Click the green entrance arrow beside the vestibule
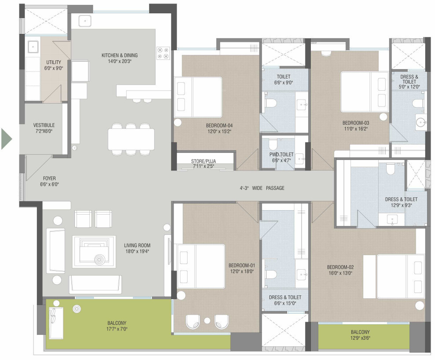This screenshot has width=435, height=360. point(7,139)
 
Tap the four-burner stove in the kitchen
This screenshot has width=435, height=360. point(163,53)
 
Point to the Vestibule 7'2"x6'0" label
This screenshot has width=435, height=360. point(44,128)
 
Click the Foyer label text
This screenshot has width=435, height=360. point(49,178)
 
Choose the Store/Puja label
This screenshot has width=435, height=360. point(203,161)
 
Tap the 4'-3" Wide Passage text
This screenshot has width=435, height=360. point(262,188)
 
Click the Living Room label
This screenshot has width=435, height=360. point(137,245)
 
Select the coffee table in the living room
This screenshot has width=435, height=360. point(94,252)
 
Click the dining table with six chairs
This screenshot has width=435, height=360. point(131,139)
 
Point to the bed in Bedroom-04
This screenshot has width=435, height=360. point(198,97)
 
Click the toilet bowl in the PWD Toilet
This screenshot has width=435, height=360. point(273,145)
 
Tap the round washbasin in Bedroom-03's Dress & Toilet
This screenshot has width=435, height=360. point(421,122)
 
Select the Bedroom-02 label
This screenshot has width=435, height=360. point(340,267)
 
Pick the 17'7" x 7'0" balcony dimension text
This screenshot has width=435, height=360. point(117,329)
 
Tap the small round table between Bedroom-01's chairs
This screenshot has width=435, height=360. point(207,321)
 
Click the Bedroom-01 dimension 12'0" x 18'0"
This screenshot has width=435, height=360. point(242,271)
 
